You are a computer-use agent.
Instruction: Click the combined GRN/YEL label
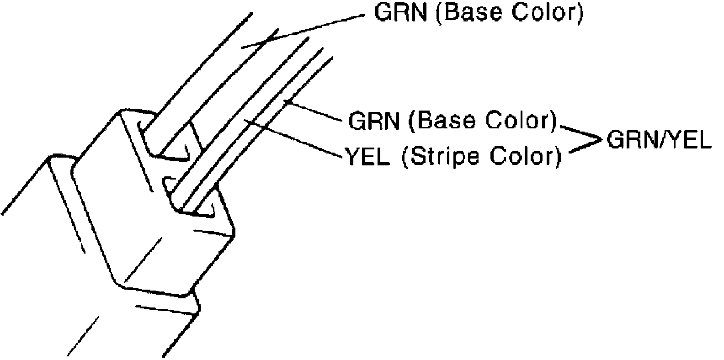[659, 142]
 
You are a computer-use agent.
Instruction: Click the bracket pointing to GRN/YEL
[583, 140]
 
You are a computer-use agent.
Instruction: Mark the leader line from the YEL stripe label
[293, 139]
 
